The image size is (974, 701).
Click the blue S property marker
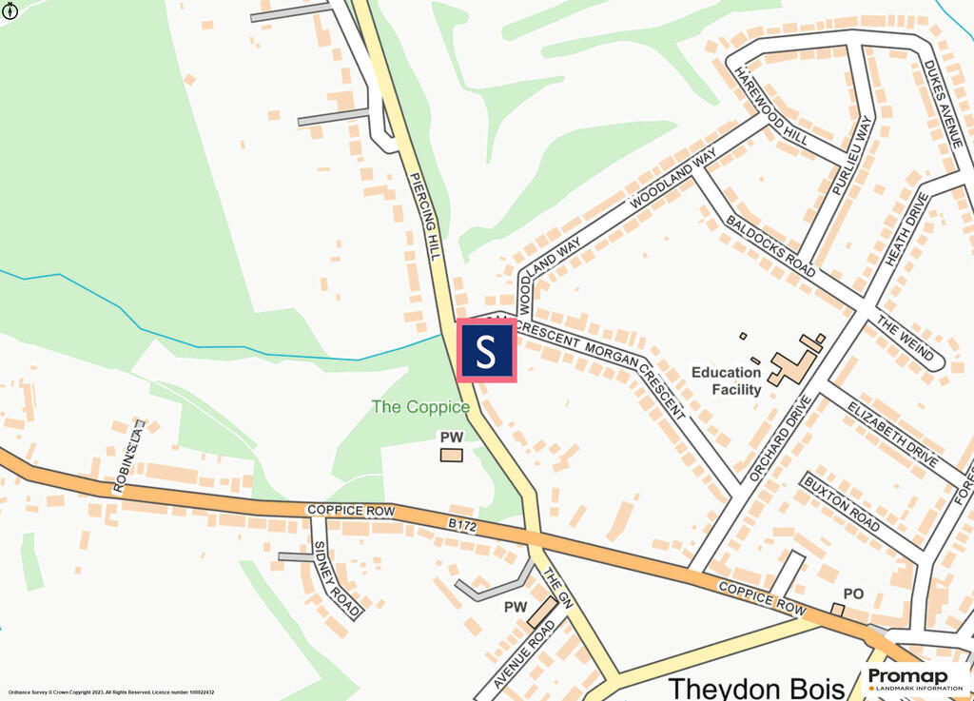pos(486,351)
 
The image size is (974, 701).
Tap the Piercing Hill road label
pos(425,216)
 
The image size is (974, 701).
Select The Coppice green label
pos(420,407)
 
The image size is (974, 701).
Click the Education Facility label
pos(727,380)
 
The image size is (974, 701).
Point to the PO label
pos(853,594)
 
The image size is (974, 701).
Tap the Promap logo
pos(915,678)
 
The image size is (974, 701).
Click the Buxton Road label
pos(841,503)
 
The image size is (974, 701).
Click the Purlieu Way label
pos(852,155)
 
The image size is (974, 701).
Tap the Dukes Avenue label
pos(944,103)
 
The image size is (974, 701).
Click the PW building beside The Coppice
pos(451,455)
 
